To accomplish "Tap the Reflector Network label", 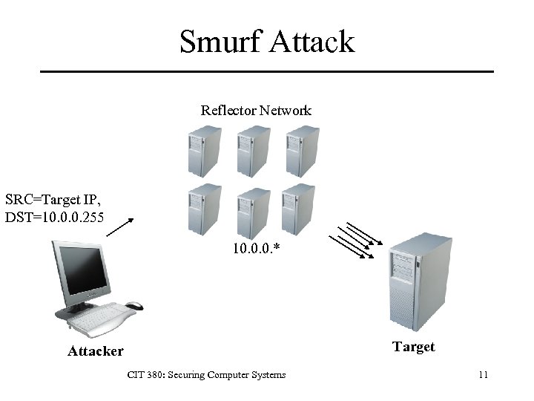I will [x=256, y=111].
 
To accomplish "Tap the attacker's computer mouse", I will [x=134, y=305].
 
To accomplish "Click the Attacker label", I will [x=96, y=351].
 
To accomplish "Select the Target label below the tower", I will [x=413, y=347].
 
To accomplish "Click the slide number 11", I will [x=482, y=375].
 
